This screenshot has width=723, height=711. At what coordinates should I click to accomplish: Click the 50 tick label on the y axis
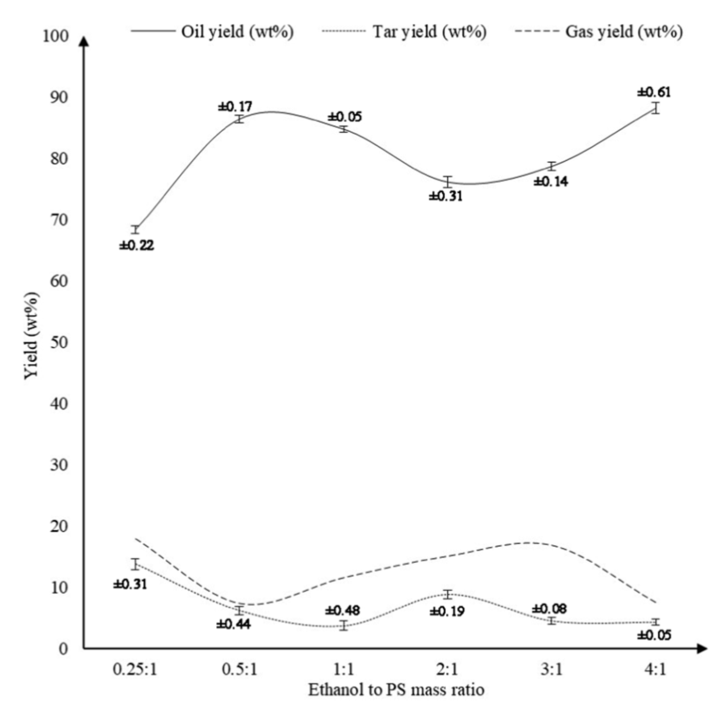[x=59, y=343]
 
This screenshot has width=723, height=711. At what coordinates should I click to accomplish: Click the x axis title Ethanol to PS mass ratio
[x=396, y=689]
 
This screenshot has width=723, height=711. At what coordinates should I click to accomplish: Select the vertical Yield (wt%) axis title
[x=32, y=336]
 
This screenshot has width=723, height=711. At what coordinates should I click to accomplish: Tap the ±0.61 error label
[x=654, y=92]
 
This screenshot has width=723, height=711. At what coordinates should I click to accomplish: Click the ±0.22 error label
[x=137, y=246]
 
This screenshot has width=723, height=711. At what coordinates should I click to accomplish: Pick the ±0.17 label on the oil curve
[x=235, y=107]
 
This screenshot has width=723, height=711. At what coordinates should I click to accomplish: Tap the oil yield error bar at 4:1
[x=655, y=108]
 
